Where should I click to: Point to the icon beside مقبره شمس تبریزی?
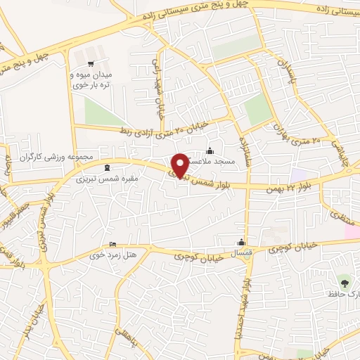(106, 167)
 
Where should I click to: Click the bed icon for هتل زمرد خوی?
(114, 245)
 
